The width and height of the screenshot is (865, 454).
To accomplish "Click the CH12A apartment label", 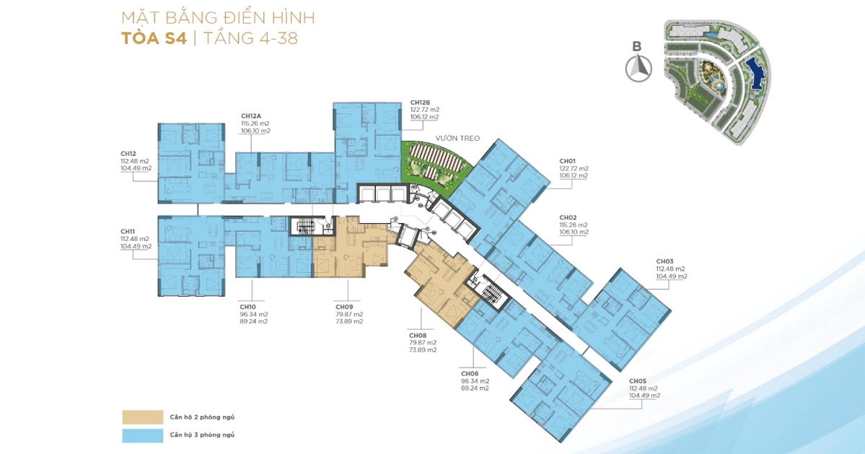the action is [x=250, y=116].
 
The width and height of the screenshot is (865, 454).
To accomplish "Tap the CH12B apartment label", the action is [x=420, y=102].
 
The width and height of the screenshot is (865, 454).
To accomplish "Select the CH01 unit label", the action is [x=568, y=162].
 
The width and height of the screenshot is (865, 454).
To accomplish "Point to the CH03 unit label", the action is [x=664, y=261].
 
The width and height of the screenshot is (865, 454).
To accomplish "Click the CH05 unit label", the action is [x=638, y=381].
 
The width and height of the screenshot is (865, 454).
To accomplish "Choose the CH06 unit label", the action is [x=470, y=374].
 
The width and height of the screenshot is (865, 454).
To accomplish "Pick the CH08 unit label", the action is [x=418, y=336].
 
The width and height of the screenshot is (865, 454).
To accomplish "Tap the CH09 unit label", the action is [x=344, y=307].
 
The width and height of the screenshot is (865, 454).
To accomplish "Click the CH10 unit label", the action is [x=247, y=307].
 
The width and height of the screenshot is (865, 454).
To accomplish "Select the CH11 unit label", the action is [x=128, y=232].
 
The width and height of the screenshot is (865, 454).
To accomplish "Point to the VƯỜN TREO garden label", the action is [x=457, y=139].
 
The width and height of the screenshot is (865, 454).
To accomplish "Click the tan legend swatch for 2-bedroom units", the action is [x=143, y=417].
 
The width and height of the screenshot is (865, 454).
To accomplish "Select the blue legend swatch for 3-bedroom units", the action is [x=143, y=435].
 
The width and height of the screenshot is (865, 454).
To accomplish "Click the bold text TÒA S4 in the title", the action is [x=154, y=38].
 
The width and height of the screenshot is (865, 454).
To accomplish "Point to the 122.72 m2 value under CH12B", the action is [x=425, y=110].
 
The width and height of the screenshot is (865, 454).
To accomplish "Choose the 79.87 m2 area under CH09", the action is [x=349, y=315].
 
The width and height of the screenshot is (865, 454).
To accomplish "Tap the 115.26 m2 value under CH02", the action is [x=574, y=225].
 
